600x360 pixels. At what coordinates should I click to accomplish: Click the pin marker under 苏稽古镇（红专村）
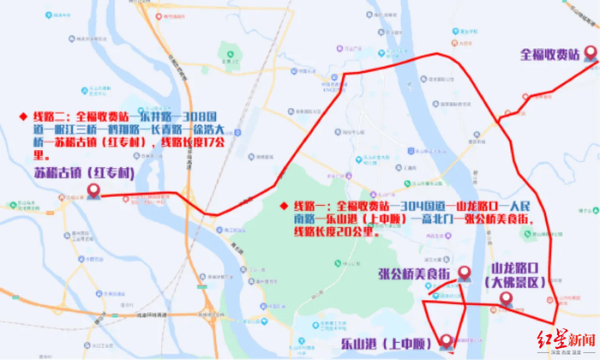tap(93, 191)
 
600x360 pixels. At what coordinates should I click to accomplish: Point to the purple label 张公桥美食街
tap(414, 273)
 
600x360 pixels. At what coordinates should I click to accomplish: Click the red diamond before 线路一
tap(285, 206)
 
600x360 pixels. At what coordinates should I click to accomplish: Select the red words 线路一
tap(312, 206)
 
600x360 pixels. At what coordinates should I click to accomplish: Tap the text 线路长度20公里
tap(334, 231)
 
